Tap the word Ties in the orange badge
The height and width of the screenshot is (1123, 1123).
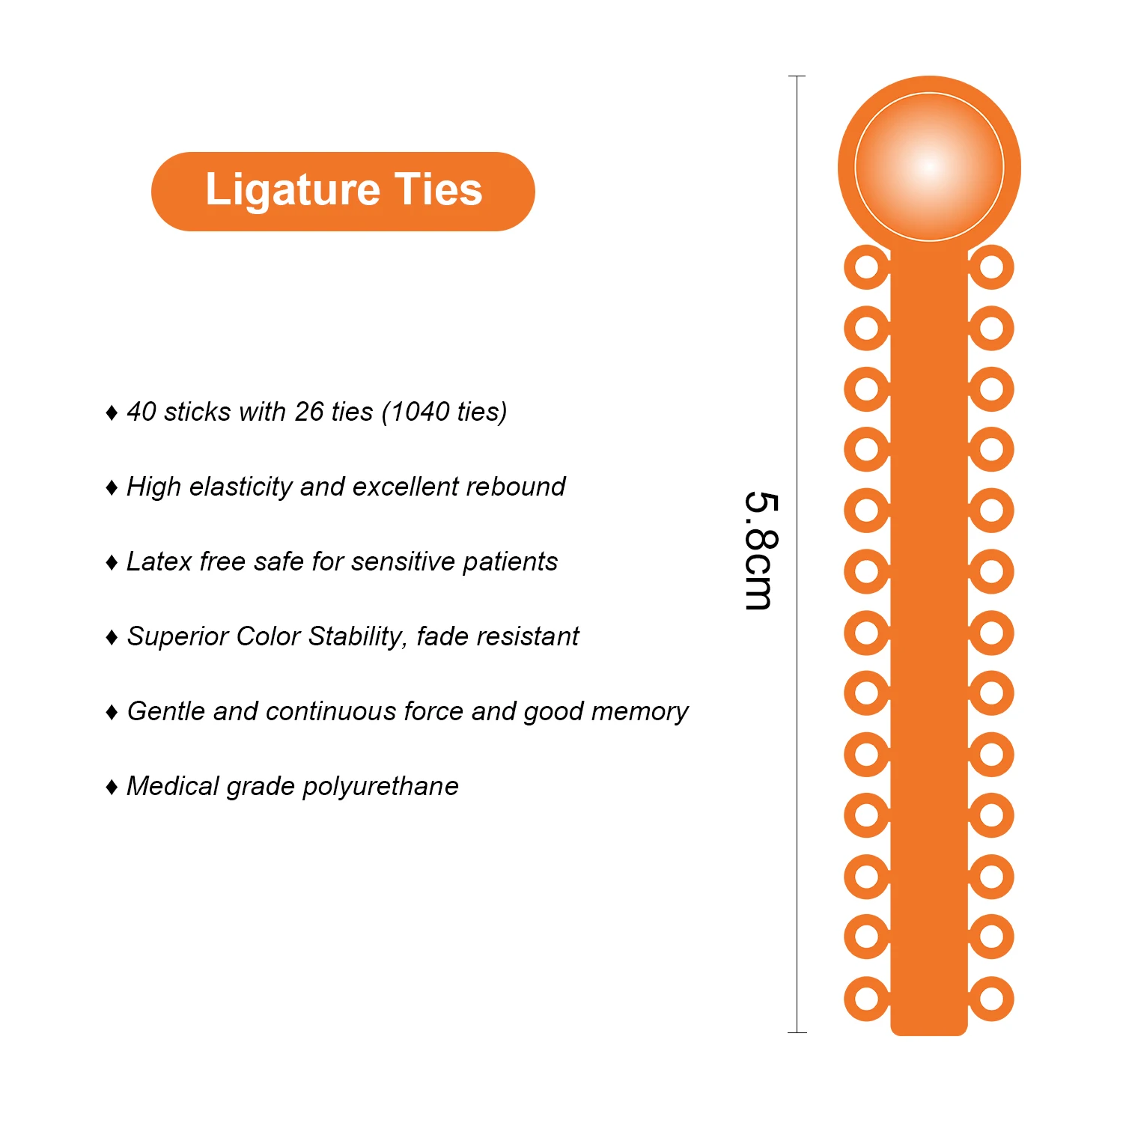click(439, 189)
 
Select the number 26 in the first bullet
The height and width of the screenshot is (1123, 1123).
click(309, 412)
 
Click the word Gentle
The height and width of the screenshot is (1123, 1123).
click(165, 711)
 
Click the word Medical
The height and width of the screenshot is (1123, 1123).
click(173, 786)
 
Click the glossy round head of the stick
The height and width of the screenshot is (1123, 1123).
click(929, 166)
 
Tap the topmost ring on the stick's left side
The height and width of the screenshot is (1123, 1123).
click(866, 267)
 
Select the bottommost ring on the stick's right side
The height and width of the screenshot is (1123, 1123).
click(991, 999)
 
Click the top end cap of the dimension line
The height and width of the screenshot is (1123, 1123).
click(797, 76)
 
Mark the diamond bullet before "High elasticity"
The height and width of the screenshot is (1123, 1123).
click(112, 488)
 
